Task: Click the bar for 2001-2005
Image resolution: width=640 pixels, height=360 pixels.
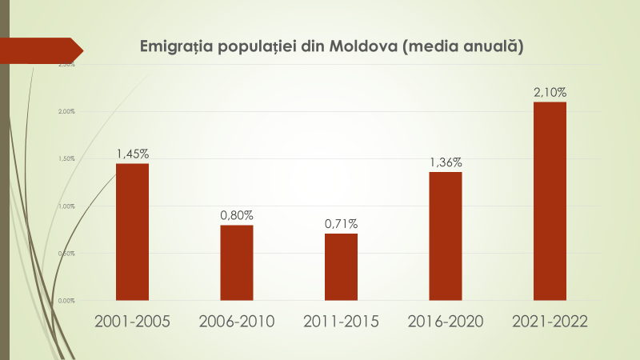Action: (132, 232)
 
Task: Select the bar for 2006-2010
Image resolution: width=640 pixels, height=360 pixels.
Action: (237, 262)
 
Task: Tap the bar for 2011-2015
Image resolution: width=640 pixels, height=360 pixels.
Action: (341, 266)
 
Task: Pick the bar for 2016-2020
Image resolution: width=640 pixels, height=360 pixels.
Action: (446, 236)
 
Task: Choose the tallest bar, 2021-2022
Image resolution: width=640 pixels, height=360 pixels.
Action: (550, 201)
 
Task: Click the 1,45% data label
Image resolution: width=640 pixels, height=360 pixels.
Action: (133, 154)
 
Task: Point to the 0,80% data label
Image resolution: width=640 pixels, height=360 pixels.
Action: (237, 215)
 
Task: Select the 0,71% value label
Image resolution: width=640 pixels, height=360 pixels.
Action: (341, 223)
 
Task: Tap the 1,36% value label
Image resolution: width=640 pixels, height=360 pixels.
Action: (446, 162)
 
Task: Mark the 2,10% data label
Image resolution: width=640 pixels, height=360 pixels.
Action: (550, 93)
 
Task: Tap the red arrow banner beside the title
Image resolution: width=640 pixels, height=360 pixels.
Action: (40, 49)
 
